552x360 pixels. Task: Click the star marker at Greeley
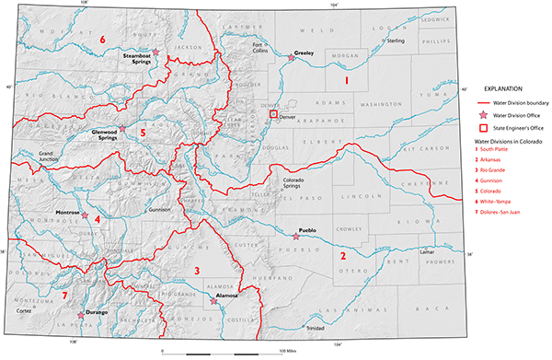tap(292, 58)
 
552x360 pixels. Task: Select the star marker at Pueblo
tap(294, 237)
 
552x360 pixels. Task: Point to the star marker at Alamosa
tap(213, 301)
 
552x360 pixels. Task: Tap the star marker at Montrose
tap(86, 215)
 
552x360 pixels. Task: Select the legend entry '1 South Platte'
tap(495, 149)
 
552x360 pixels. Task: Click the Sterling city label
tap(395, 41)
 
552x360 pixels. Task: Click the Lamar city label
tap(425, 251)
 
